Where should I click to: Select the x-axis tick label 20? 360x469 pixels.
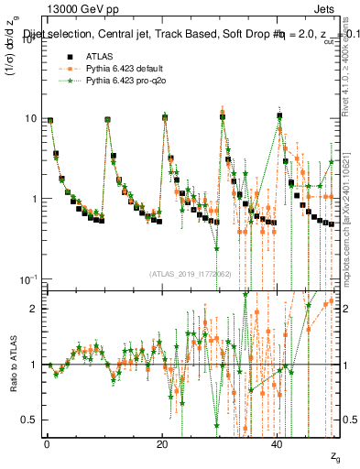[x=162, y=442]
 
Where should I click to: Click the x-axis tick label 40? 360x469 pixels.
[x=278, y=442]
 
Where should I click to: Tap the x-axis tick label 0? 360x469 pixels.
[x=46, y=442]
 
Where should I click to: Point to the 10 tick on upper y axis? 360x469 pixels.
[x=29, y=119]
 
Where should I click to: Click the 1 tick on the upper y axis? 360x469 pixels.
[x=32, y=199]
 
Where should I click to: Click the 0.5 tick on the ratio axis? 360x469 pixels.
[x=28, y=420]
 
